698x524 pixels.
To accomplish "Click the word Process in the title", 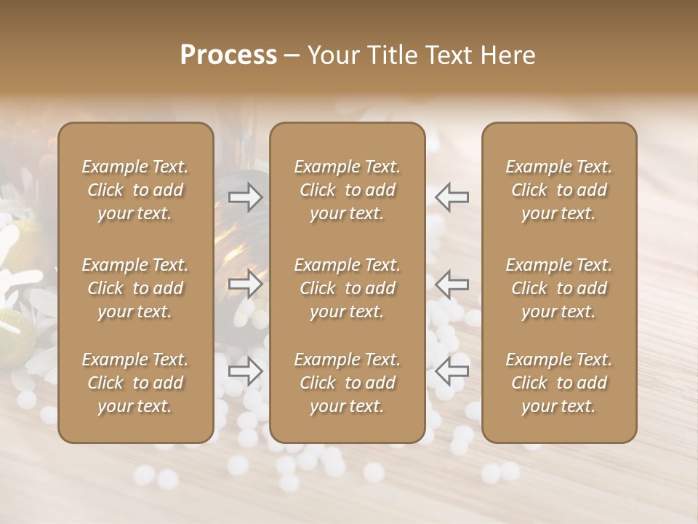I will (x=228, y=55).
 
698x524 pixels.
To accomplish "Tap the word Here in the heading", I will (x=509, y=55).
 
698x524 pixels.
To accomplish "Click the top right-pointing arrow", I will (x=246, y=196).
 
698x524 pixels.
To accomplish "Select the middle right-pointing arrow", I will (x=246, y=283).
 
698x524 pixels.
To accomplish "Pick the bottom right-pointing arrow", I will (x=246, y=370).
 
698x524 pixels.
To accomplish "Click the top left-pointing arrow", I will (x=452, y=196).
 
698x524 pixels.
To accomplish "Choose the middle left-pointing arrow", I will (x=452, y=283).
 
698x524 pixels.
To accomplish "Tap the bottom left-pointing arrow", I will (x=452, y=370).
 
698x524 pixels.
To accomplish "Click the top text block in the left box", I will (x=135, y=190).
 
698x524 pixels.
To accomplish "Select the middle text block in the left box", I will (x=135, y=288).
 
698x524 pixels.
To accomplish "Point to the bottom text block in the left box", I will (x=135, y=383).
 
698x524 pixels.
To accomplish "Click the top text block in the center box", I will (x=347, y=190).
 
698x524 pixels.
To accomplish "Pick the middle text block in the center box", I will (x=347, y=288).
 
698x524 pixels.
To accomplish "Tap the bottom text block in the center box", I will (x=347, y=383).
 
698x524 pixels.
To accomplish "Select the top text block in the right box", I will (x=558, y=190).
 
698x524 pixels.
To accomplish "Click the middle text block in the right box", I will (x=558, y=288).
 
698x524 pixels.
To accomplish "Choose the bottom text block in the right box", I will (x=558, y=383).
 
